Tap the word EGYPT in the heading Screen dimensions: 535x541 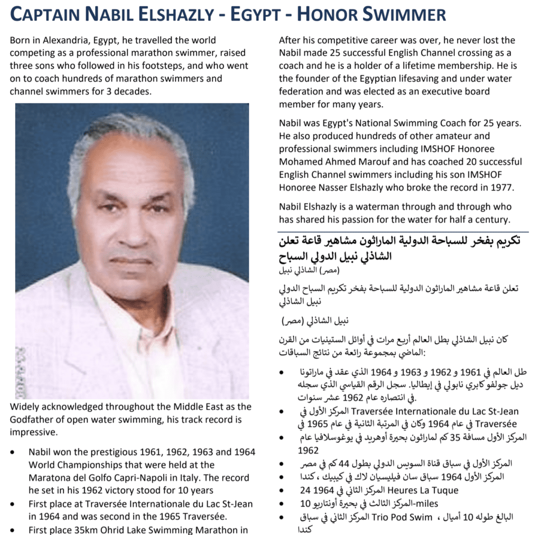coord(247,14)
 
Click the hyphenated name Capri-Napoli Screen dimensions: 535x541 coord(130,478)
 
